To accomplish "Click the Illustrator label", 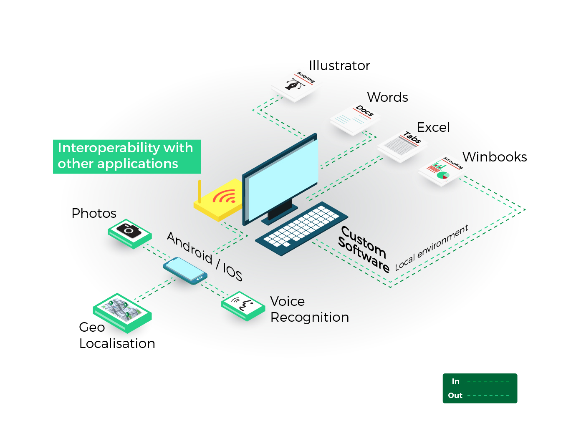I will tap(339, 66).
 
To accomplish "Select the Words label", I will tap(387, 97).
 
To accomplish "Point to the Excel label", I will tap(433, 127).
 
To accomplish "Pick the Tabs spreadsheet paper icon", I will tap(401, 146).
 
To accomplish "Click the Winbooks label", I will tap(494, 157).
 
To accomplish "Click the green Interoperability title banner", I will tap(126, 156).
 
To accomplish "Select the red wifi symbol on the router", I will tap(224, 197).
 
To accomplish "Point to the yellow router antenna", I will tap(200, 191).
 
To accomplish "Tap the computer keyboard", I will tap(301, 228).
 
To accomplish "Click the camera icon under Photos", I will tap(129, 230).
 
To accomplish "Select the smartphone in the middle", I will tap(185, 270).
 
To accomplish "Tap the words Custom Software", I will tap(363, 249).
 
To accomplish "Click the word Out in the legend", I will tap(455, 396).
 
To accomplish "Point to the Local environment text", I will tap(432, 248).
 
